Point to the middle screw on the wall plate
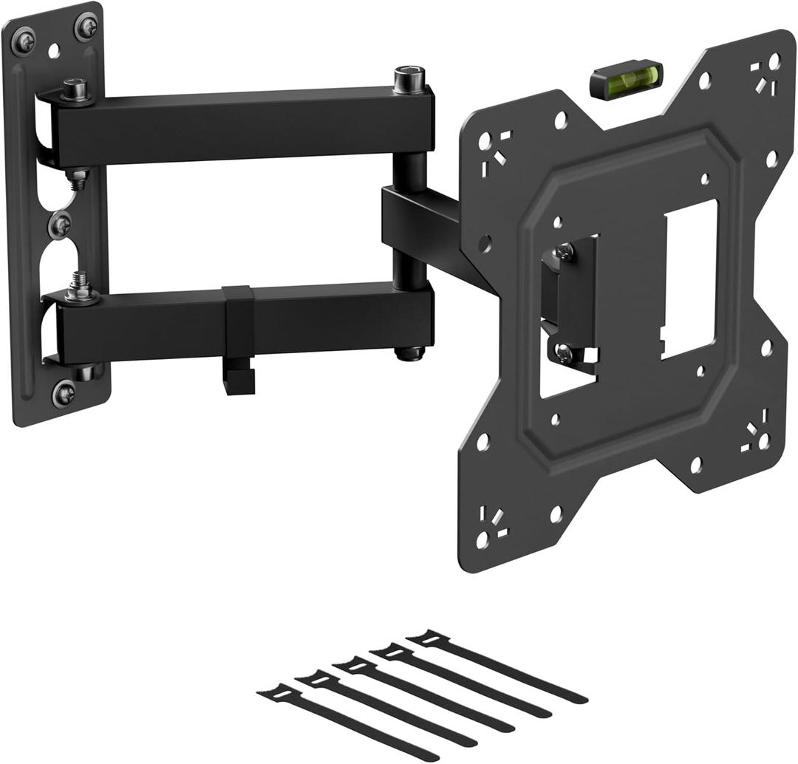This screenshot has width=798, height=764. [60, 225]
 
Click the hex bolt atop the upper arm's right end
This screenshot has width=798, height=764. [409, 78]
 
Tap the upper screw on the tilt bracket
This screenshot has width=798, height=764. [564, 252]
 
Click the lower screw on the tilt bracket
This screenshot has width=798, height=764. [564, 352]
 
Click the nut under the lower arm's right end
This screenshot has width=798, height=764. [409, 353]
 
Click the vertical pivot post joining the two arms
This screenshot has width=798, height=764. [409, 222]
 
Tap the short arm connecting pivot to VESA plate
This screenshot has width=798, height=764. [436, 229]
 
